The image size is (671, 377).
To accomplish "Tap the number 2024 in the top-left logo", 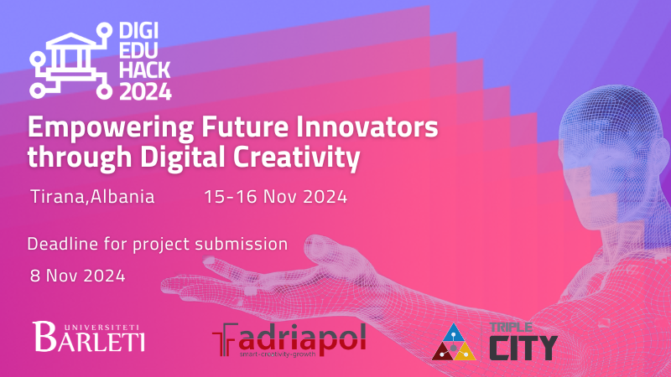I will (x=144, y=90).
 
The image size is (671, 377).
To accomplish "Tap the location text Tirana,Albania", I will (x=92, y=198).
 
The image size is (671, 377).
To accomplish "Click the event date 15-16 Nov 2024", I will (x=275, y=198).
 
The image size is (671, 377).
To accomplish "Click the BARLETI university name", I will (x=90, y=339).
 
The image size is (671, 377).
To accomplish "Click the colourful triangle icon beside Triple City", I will (x=455, y=342).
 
